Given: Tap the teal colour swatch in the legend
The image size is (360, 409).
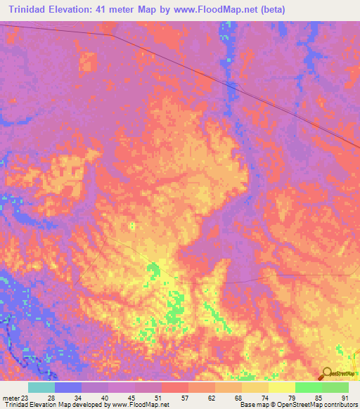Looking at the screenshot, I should click(x=41, y=387).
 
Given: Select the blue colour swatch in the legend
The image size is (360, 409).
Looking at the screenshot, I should click(x=68, y=387).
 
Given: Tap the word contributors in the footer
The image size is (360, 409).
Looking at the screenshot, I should click(x=339, y=405).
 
